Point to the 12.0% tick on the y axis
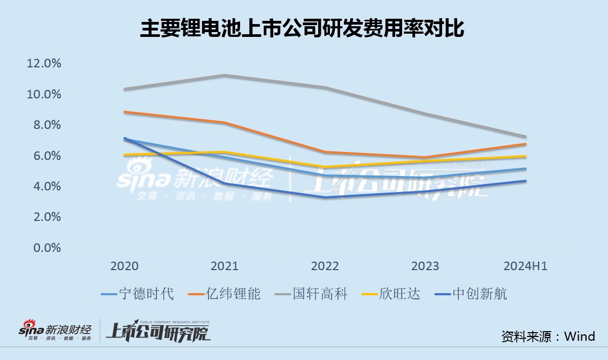click(44, 64)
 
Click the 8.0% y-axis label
click(44, 125)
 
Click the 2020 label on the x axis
click(124, 266)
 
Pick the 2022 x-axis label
click(325, 266)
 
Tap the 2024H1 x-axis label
click(525, 266)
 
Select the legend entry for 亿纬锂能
click(225, 294)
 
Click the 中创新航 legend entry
click(471, 294)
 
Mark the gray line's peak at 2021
click(225, 75)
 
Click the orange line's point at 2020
click(125, 112)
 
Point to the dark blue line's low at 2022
click(325, 197)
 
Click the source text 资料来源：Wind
click(548, 336)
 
